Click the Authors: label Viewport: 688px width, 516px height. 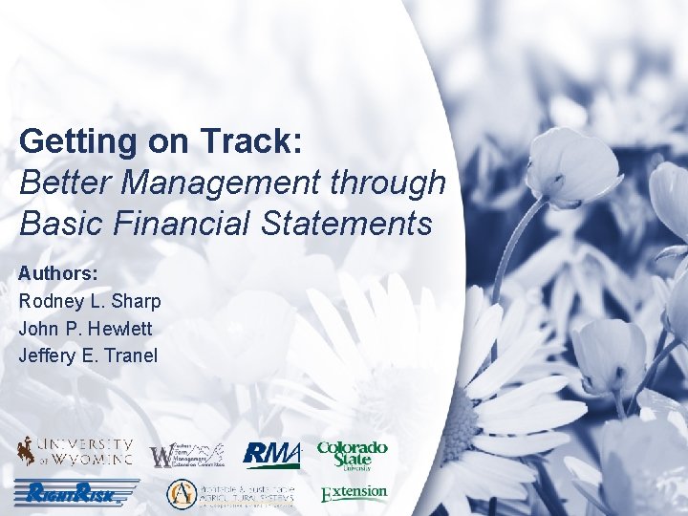pos(58,272)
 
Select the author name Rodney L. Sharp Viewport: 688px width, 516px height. pos(90,301)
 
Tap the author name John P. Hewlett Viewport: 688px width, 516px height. pos(85,328)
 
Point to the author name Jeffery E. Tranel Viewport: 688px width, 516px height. pos(88,355)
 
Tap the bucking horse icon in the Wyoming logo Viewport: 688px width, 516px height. pos(24,451)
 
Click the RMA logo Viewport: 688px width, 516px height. pos(271,454)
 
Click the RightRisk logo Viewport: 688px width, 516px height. pos(76,493)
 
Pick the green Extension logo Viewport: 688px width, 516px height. pos(354,493)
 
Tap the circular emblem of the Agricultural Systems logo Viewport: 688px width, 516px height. pos(181,494)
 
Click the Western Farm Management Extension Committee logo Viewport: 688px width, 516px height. pos(187,454)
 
